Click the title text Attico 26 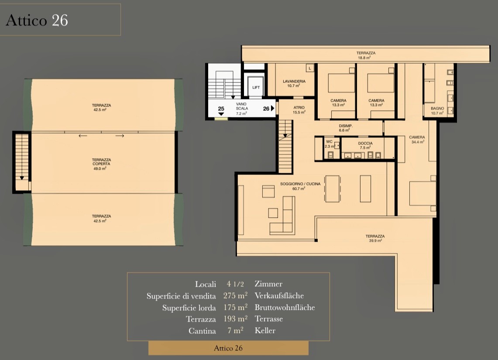click(37, 21)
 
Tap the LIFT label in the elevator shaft click(256, 87)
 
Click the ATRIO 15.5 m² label click(299, 110)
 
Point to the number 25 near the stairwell click(221, 109)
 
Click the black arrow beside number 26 click(272, 108)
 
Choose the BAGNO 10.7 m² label click(437, 110)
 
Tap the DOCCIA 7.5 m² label click(365, 145)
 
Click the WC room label click(329, 141)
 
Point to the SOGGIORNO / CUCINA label click(300, 184)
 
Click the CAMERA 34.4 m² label click(417, 139)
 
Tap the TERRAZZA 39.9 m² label click(375, 238)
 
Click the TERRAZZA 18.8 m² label click(366, 55)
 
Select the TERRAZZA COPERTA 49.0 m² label click(101, 164)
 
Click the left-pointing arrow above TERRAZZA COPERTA click(83, 136)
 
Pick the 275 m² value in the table click(235, 295)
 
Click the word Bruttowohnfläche click(285, 307)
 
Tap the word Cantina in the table click(202, 331)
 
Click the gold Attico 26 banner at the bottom click(228, 348)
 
